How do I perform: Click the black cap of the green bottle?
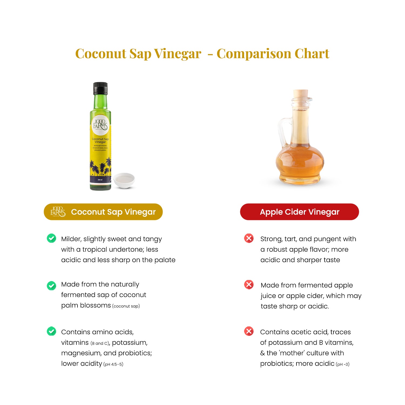coord(100,88)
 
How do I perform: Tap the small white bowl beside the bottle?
coord(124,180)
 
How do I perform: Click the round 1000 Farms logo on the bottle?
coord(100,125)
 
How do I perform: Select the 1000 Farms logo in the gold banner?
coord(58,212)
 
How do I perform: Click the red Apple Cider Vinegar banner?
coord(299,212)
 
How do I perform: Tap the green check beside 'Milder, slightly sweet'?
coord(51,238)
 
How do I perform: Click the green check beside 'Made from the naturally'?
coord(51,285)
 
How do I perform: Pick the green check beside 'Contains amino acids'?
coord(51,331)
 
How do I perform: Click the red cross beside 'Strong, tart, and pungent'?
coord(249,238)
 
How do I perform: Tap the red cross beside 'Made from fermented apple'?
coord(249,285)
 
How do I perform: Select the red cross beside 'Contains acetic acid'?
coord(249,331)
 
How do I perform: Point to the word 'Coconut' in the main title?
coord(100,53)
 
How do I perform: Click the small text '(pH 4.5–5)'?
coord(113,364)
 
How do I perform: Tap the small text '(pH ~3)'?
coord(343,364)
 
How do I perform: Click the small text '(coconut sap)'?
coord(126,306)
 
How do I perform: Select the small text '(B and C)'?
coord(100,343)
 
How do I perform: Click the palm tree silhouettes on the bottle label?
coord(100,167)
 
